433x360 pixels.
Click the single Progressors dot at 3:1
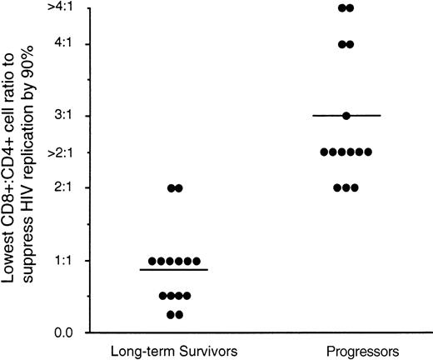[346, 115]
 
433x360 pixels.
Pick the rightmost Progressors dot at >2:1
[368, 152]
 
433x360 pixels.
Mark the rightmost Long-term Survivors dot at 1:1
[197, 261]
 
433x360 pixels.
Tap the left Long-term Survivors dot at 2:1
[170, 188]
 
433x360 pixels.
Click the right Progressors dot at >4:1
[351, 8]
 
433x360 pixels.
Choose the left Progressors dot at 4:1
[341, 44]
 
